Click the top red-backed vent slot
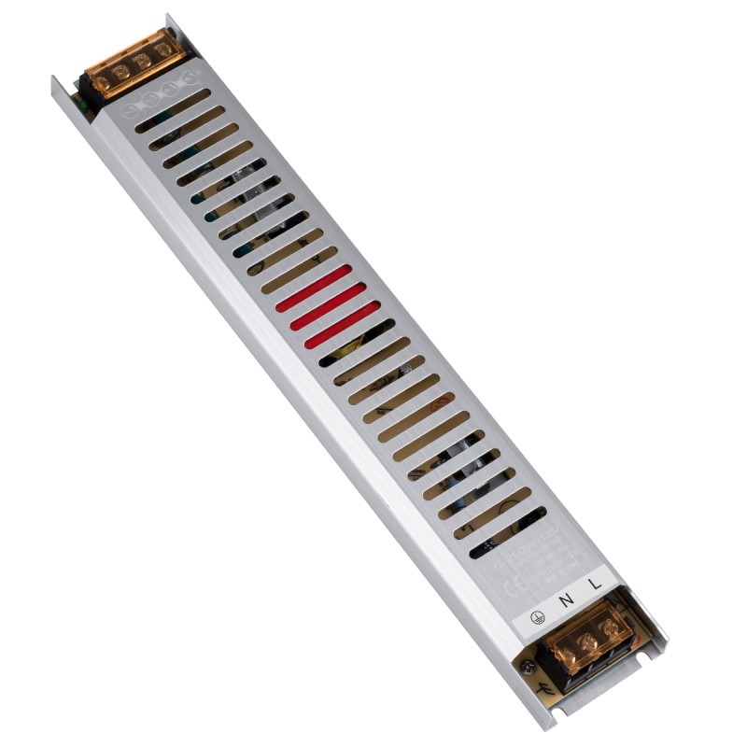[314, 284]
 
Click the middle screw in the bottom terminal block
[587, 641]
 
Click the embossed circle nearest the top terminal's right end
[192, 74]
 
